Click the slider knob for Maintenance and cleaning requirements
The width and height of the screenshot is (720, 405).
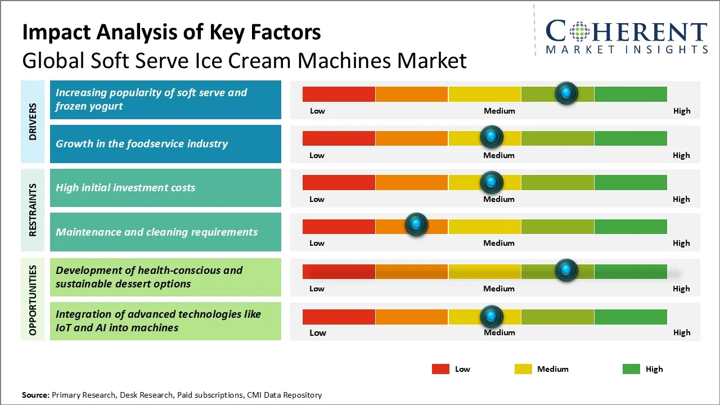tap(416, 225)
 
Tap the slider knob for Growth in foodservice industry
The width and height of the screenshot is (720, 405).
tap(492, 137)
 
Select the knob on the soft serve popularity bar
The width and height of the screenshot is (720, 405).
tap(566, 93)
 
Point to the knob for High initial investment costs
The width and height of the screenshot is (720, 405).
tap(492, 182)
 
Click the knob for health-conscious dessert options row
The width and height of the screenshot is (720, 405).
tap(566, 271)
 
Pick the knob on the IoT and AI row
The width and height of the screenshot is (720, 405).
tap(492, 317)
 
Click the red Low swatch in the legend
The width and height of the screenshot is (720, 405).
tap(440, 369)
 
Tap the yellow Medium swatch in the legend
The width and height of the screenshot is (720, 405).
tap(523, 369)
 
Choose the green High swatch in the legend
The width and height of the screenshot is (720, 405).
tap(631, 369)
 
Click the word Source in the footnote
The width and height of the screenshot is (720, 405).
tap(35, 395)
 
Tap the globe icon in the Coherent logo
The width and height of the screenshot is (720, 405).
tap(578, 31)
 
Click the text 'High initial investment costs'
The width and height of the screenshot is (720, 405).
tap(125, 188)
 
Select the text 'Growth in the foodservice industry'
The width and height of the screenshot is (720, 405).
tap(142, 144)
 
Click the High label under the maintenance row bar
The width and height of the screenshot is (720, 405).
tap(681, 243)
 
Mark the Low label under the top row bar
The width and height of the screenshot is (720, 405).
tap(317, 111)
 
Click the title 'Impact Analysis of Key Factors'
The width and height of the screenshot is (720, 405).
tap(172, 33)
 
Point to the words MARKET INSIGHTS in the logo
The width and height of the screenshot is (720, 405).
tap(627, 49)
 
